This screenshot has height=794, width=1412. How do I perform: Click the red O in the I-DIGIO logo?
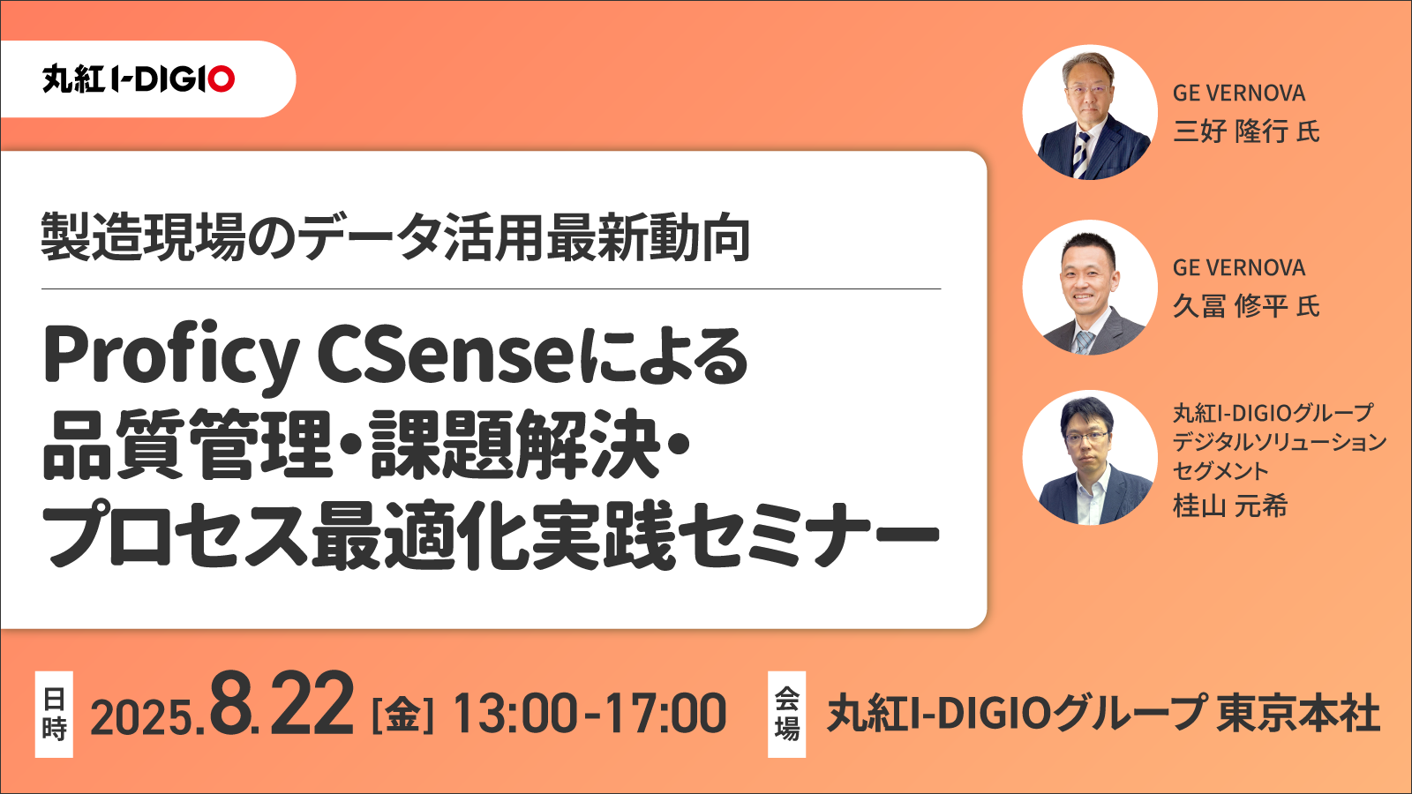coord(222,79)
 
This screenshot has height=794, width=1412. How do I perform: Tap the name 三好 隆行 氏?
coord(1246,131)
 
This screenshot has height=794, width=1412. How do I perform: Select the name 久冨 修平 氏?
coord(1246,306)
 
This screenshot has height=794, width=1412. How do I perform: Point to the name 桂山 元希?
coord(1230,506)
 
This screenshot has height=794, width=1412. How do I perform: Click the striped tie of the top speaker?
coord(1082,154)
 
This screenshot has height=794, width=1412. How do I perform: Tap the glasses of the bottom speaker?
coord(1085,437)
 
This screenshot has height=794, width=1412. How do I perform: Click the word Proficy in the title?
coord(171,358)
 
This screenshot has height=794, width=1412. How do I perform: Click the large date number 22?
coord(310,704)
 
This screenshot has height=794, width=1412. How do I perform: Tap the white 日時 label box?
coord(54,714)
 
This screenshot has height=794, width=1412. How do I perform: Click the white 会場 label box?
coord(786,714)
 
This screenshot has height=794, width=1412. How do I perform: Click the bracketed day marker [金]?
coord(403,715)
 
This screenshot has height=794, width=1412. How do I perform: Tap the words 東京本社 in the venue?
coord(1298,713)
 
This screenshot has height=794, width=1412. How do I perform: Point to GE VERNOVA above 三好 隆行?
coord(1239,94)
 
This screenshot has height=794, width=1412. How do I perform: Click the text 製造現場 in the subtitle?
coord(143,237)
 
